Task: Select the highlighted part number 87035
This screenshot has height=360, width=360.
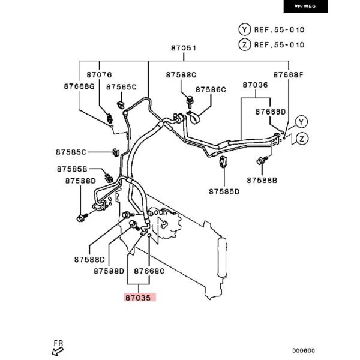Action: click(x=140, y=296)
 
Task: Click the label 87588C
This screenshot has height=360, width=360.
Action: click(x=181, y=75)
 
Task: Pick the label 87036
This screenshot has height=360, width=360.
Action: click(x=255, y=86)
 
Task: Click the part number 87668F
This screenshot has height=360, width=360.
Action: click(x=289, y=75)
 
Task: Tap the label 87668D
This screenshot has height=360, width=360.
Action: click(x=270, y=112)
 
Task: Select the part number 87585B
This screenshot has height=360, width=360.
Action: click(x=73, y=169)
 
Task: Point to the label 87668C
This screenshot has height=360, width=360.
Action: click(x=149, y=271)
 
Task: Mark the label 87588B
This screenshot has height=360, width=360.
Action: click(x=262, y=180)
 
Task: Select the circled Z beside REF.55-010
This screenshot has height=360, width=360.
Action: click(x=244, y=44)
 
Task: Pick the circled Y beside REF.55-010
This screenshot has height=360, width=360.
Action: click(x=244, y=29)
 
